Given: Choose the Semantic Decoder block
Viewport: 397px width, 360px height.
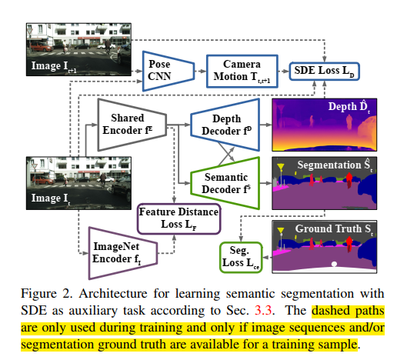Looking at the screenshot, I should coord(224,179).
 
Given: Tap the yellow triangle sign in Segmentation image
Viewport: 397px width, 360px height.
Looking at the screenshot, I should coord(282,166).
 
